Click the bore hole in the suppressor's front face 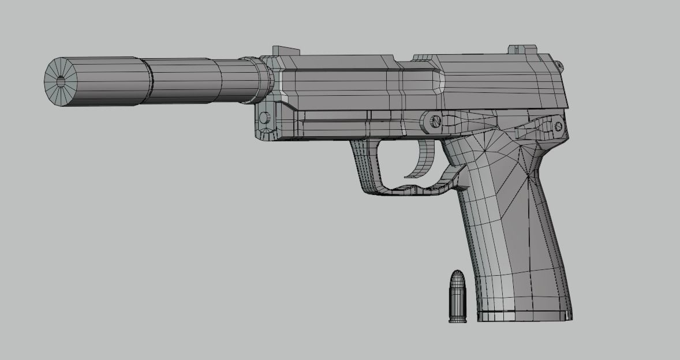[61, 81]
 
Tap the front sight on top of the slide [285, 51]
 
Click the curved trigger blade [424, 162]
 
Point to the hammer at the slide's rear [559, 65]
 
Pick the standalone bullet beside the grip [457, 297]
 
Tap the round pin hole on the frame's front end [264, 118]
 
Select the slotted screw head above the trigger [435, 121]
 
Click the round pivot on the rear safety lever [558, 126]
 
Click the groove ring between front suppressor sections [149, 80]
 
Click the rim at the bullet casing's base [457, 320]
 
